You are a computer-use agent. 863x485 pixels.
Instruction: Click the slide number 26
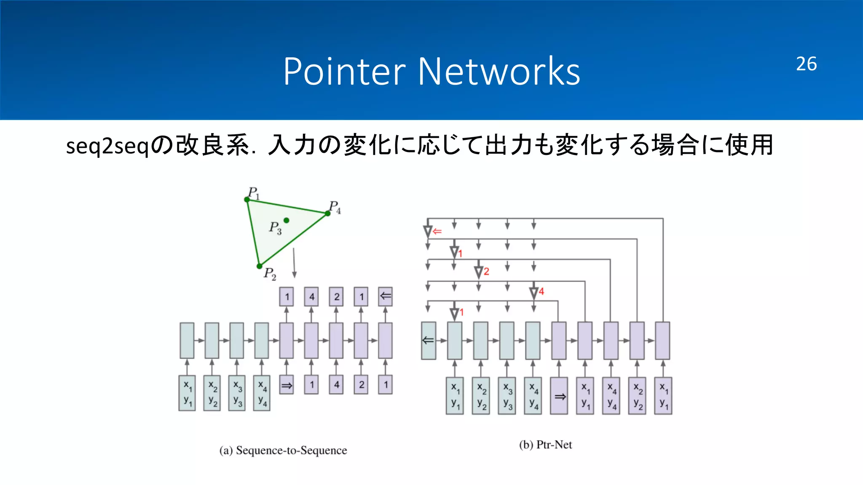click(806, 64)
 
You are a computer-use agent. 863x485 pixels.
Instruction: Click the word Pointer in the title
click(344, 72)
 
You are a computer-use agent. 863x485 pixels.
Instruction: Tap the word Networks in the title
click(499, 72)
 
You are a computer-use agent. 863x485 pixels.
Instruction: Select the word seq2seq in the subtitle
click(108, 146)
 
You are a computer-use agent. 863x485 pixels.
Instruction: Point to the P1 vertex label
click(254, 193)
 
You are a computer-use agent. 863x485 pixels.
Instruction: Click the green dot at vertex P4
click(328, 213)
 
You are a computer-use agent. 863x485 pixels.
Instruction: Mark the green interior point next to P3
click(287, 220)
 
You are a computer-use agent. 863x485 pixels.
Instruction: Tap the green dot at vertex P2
click(260, 266)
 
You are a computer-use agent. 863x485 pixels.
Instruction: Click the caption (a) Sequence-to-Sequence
click(283, 450)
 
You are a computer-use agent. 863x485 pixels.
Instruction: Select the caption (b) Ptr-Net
click(545, 445)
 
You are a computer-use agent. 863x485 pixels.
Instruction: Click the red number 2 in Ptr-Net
click(486, 272)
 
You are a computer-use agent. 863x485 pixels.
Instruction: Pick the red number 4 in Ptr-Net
click(541, 291)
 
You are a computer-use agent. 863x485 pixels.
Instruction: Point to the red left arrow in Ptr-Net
click(437, 231)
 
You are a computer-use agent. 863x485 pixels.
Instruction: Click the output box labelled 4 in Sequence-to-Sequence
click(312, 297)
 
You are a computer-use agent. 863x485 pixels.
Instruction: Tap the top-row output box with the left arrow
click(386, 296)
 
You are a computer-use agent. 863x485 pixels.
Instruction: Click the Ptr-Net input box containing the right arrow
click(560, 396)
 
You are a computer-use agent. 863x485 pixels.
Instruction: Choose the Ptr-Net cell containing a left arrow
click(429, 341)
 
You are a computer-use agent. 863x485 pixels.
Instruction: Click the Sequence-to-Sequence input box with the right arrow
click(287, 385)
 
